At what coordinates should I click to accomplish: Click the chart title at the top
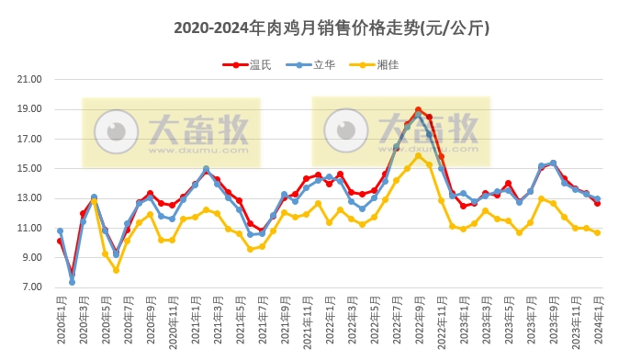[332, 28]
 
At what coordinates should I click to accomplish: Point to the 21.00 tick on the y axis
[30, 79]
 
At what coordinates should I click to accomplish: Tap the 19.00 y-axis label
[30, 109]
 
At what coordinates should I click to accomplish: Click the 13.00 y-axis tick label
[30, 198]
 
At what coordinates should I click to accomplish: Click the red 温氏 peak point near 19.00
[418, 110]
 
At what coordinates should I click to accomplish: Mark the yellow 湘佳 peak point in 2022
[418, 156]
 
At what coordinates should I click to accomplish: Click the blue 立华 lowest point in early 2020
[72, 282]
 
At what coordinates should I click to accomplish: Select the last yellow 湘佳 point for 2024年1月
[598, 232]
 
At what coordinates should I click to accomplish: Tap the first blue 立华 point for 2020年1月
[60, 231]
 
